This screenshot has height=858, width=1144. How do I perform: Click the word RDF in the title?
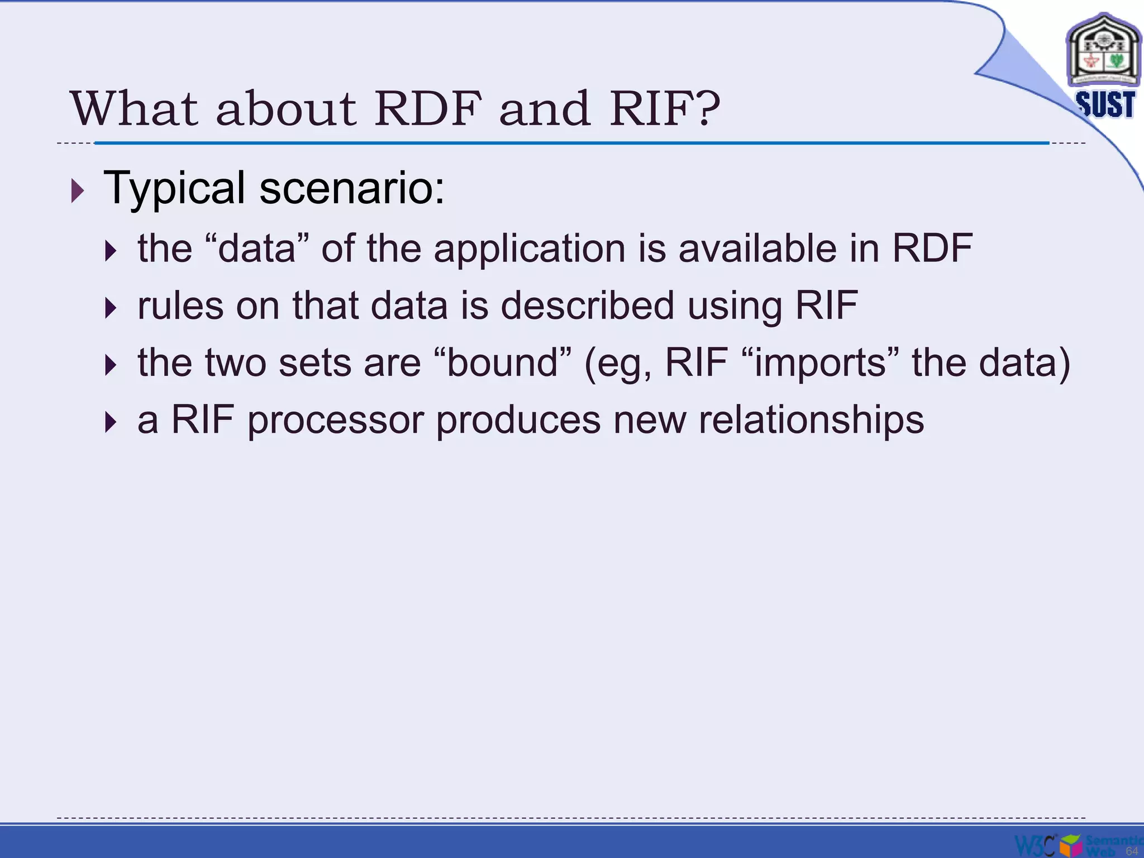point(428,108)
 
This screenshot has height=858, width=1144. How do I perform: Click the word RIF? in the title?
point(665,108)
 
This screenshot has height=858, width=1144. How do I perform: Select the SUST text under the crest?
point(1105,104)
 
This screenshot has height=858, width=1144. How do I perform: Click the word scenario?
point(352,189)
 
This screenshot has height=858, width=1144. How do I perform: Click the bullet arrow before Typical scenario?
point(78,191)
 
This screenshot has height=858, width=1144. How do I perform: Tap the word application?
point(529,249)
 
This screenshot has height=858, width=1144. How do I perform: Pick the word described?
point(588,306)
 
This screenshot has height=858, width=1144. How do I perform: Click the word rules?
point(180,306)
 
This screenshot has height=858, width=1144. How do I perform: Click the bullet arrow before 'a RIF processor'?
point(111,422)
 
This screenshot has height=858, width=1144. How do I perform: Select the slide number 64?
point(1131,851)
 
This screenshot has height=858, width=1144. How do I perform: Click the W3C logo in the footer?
point(1035,845)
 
